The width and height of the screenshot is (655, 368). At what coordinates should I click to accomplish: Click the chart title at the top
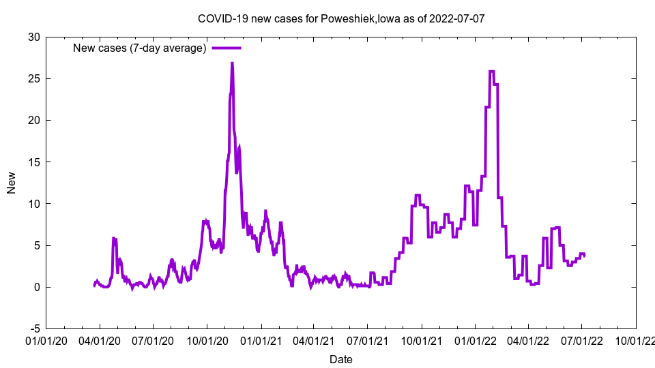coord(341,18)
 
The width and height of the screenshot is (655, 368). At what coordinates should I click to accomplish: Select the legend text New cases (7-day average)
coord(140,48)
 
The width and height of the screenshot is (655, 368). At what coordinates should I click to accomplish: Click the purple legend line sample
coord(227,48)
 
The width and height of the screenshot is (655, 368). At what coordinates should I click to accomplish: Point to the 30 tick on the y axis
coord(33,37)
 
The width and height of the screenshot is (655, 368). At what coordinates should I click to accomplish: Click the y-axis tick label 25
coord(33,78)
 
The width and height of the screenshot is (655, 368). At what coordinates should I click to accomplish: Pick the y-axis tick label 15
coord(33,162)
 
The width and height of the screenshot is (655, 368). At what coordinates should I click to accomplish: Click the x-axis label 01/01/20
coord(46,339)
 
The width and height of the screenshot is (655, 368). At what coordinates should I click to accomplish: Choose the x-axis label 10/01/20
coord(207,339)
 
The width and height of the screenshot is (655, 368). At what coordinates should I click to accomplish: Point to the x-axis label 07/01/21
coord(368,339)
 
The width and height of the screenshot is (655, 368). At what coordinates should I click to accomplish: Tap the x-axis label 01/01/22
coord(476,339)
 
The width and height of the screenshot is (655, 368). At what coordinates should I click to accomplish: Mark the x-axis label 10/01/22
coord(636,339)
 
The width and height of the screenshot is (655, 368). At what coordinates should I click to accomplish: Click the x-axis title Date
coord(341,358)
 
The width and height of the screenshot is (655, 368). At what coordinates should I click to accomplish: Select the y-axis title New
coord(12,183)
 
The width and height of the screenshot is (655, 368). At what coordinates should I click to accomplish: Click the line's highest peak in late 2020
coord(232,63)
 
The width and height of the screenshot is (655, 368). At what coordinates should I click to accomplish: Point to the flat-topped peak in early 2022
coord(492,71)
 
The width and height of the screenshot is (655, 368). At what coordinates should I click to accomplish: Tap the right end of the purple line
coord(584,256)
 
